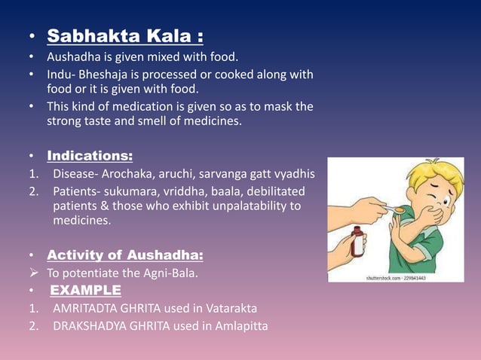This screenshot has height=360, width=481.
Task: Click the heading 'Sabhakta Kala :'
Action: (124, 35)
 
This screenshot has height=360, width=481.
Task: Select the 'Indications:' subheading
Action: (90, 156)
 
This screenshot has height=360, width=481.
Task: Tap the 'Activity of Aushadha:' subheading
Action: (124, 255)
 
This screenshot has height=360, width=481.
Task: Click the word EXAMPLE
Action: (85, 290)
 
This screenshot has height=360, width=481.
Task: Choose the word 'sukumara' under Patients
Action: (127, 191)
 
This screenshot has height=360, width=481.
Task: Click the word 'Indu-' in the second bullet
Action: (62, 75)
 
